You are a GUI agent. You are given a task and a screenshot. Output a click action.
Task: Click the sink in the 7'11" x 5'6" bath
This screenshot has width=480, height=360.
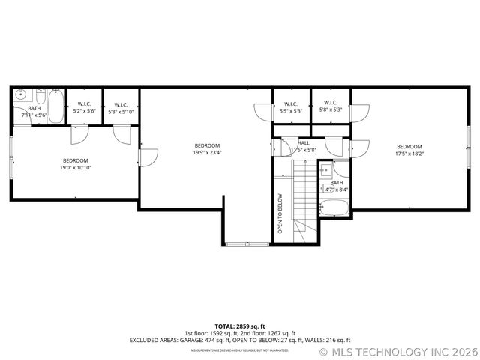click(21, 95)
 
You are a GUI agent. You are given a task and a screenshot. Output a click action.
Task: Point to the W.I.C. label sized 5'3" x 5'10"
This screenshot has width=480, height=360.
click(121, 107)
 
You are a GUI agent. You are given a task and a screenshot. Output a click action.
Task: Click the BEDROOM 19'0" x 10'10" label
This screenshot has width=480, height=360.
click(76, 164)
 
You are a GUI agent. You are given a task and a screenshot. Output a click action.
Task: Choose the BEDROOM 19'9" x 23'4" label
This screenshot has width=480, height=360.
click(207, 148)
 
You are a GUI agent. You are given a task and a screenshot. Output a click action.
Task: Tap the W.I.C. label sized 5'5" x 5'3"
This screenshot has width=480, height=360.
click(291, 106)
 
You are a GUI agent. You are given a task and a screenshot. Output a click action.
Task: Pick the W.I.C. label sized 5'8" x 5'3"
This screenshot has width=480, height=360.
click(330, 106)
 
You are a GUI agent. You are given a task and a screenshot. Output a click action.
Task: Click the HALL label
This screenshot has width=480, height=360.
click(304, 146)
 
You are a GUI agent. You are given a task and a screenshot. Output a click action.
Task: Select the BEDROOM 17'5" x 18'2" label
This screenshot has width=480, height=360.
click(409, 150)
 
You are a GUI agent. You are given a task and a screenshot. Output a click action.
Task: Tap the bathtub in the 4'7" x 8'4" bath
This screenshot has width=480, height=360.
click(334, 207)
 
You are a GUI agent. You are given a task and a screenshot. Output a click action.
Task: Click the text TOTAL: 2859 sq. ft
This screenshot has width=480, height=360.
click(240, 326)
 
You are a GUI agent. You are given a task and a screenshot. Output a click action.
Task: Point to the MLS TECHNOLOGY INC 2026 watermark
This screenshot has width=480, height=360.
click(398, 350)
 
